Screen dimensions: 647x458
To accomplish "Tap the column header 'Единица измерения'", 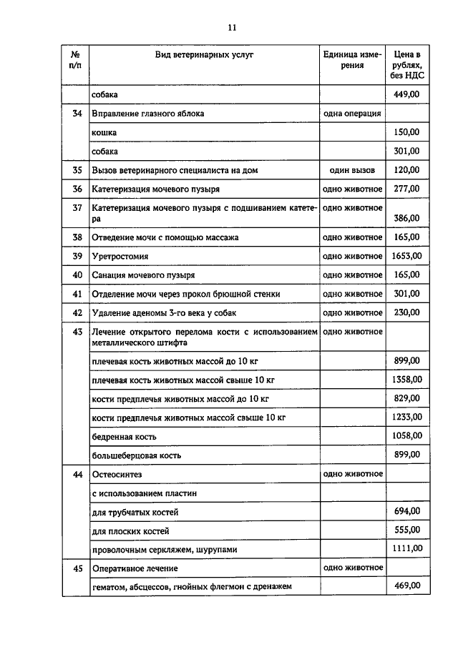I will click(353, 59).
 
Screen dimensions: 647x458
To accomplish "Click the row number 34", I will click(77, 114).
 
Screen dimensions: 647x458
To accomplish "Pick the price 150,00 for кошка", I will click(407, 132).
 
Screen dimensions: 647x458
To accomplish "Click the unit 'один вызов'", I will click(352, 170).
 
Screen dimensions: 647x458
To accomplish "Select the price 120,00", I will click(407, 170).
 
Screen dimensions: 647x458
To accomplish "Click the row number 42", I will click(77, 312).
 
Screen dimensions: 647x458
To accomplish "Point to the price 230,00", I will click(407, 312).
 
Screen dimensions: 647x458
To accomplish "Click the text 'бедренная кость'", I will click(124, 436).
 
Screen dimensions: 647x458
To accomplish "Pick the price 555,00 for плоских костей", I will click(407, 530).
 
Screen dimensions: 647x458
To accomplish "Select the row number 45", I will click(77, 568).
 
